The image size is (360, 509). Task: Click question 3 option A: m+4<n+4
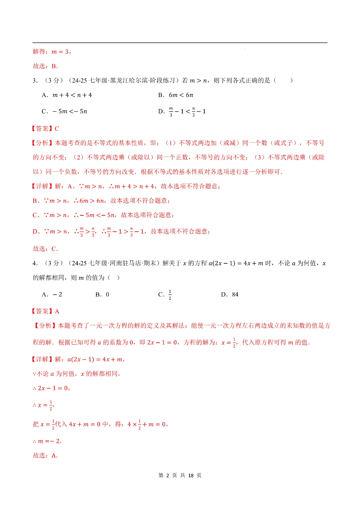(67, 95)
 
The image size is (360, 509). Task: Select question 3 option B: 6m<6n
(176, 95)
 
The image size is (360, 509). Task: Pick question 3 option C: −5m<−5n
(64, 111)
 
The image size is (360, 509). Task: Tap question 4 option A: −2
(52, 295)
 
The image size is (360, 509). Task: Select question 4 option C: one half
(165, 295)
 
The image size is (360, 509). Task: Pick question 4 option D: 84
(230, 295)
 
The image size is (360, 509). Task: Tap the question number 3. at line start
(35, 81)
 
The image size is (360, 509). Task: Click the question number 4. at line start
(35, 263)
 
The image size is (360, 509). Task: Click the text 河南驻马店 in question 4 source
(122, 263)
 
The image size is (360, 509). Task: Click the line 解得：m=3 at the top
(52, 52)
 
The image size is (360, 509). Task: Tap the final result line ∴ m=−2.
(47, 441)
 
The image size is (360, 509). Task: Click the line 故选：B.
(45, 66)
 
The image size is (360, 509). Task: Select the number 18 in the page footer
(191, 476)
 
